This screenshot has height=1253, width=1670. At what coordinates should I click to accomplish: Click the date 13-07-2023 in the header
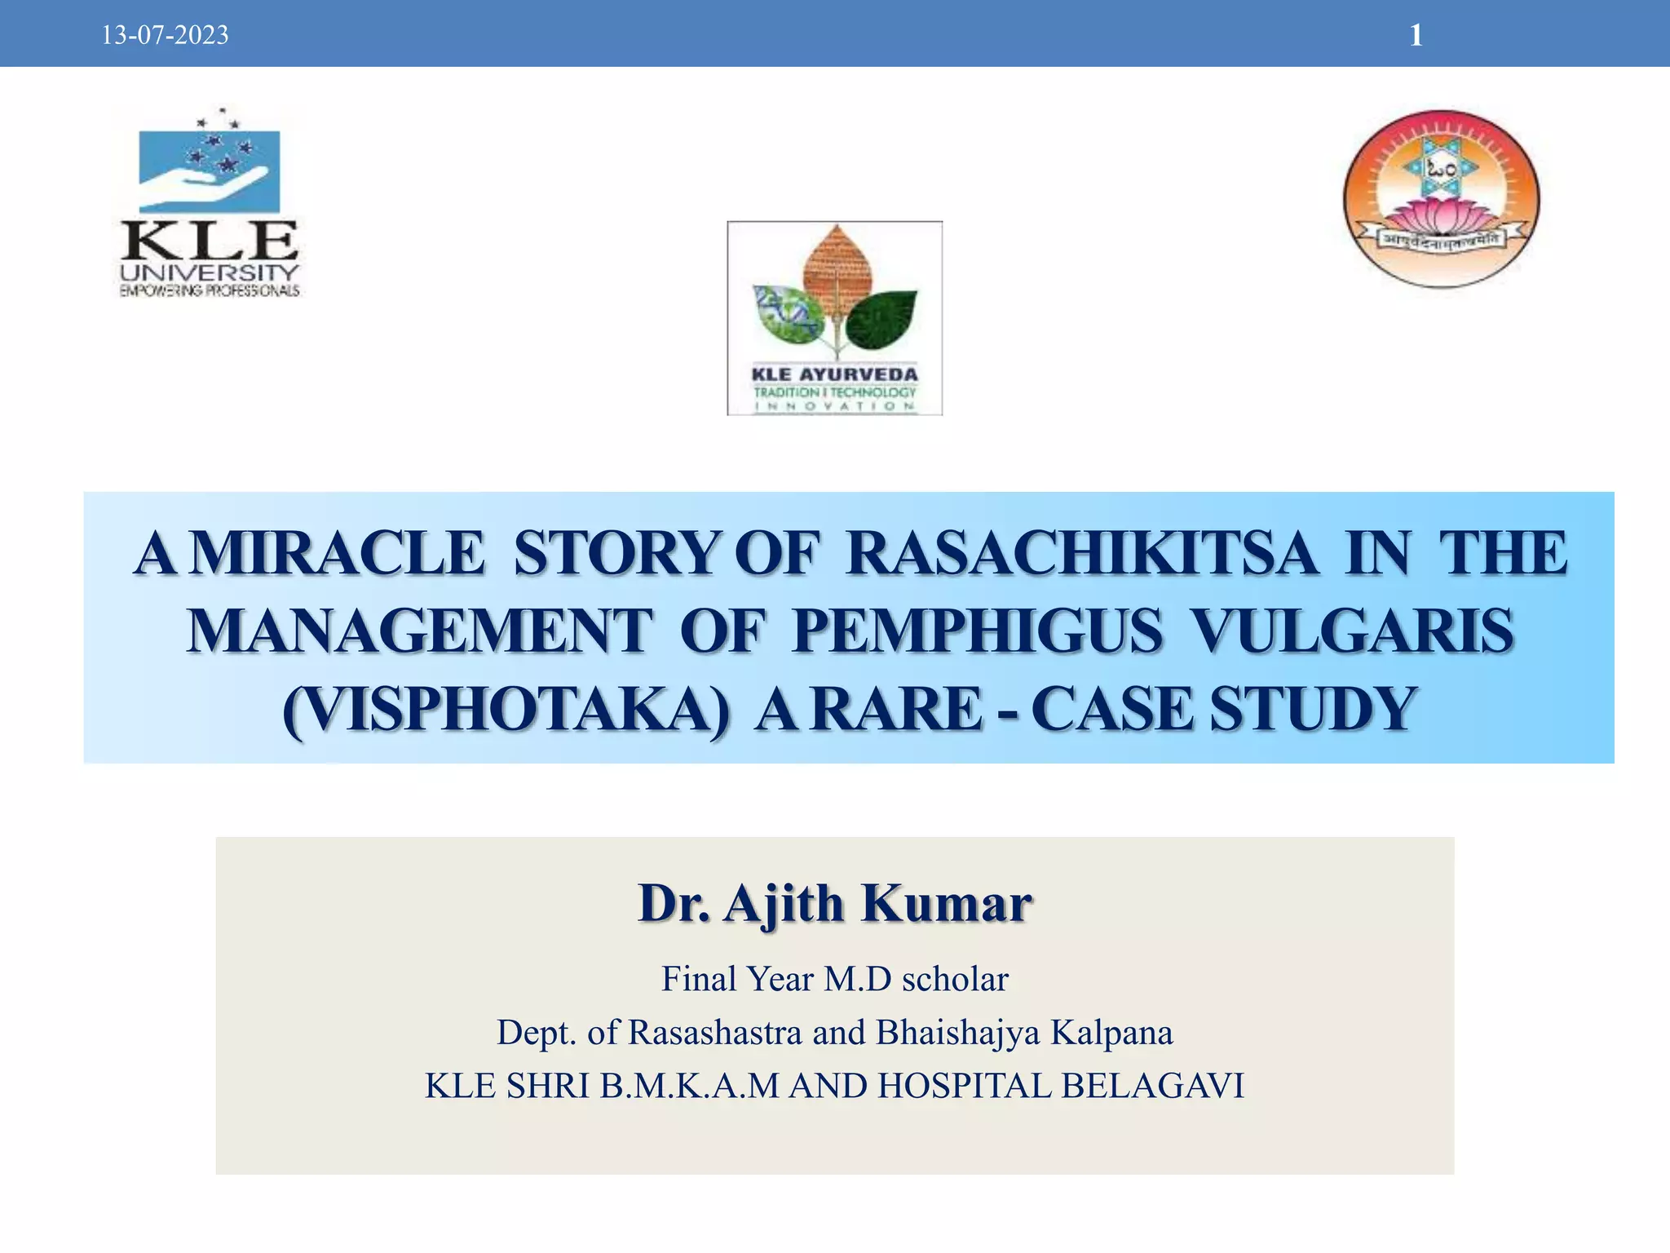coord(165,36)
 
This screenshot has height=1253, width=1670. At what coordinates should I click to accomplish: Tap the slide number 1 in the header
coord(1416,35)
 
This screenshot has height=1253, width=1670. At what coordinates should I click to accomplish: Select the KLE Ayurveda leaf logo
coord(834,318)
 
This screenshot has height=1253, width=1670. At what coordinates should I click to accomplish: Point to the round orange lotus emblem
coord(1441,198)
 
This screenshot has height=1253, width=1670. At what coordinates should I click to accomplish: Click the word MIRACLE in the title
coord(338,554)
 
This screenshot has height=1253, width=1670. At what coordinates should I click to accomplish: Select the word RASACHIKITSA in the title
coord(1081,554)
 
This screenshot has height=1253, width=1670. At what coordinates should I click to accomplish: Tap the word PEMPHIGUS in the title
coord(977,631)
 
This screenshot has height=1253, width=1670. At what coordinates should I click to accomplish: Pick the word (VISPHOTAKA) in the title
coord(506,708)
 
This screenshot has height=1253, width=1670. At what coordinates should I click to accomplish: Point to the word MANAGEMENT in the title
coord(420,631)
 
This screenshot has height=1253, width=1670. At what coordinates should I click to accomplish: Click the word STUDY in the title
coord(1312,708)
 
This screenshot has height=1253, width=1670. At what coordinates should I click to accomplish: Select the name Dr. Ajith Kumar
coord(835,904)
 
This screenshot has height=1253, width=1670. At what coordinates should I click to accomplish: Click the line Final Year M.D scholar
coord(835,979)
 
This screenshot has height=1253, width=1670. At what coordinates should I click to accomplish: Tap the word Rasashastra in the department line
coord(715,1033)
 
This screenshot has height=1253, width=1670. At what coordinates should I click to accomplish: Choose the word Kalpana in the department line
coord(1111,1033)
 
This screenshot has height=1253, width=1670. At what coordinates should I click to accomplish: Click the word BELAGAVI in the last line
coord(1152,1087)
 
